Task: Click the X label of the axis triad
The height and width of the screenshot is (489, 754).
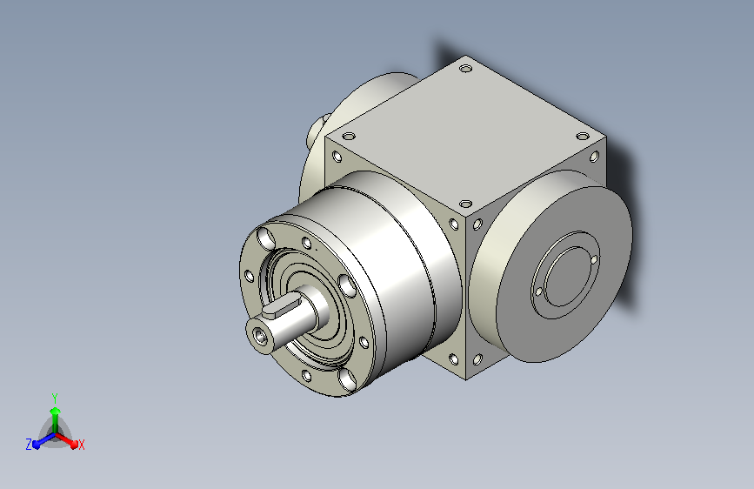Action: (x=81, y=445)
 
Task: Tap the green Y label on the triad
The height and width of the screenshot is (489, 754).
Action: (x=55, y=399)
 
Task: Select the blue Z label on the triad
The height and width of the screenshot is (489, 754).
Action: (x=29, y=445)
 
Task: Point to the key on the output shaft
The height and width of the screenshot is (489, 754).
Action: (x=279, y=309)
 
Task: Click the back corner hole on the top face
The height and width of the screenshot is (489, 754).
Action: (x=465, y=69)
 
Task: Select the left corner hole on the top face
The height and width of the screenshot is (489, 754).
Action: (x=348, y=137)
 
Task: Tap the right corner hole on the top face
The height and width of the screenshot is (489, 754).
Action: (x=583, y=137)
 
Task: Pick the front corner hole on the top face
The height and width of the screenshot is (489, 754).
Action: (x=465, y=204)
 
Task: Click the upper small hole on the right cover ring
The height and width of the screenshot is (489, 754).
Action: (x=594, y=260)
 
